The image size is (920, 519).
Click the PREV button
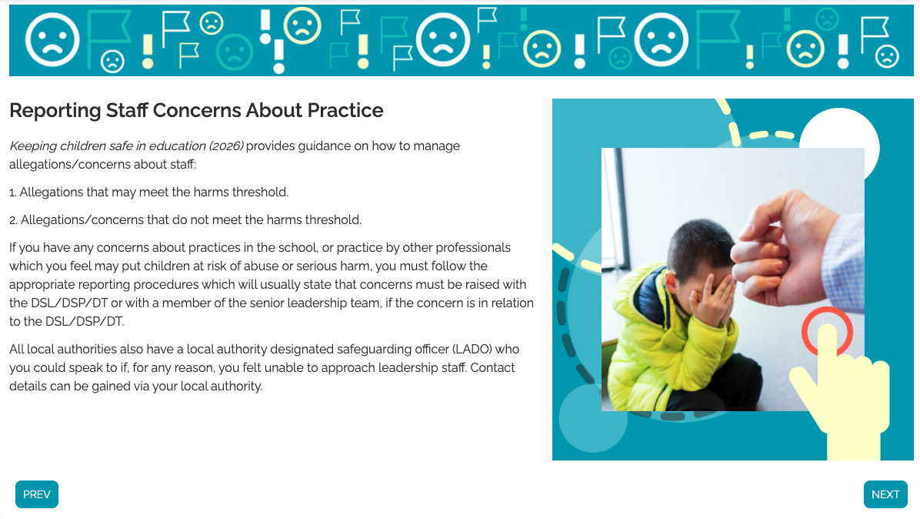point(36,494)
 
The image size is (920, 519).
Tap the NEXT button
point(885,494)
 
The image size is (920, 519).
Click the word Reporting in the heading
point(55,111)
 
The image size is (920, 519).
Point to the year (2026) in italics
point(226,146)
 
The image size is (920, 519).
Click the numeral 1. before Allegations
point(13,193)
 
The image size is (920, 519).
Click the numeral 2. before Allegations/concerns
point(14,220)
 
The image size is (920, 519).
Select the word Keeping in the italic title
point(33,146)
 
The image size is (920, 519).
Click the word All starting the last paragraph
point(16,350)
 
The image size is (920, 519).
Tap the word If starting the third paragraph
point(13,248)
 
